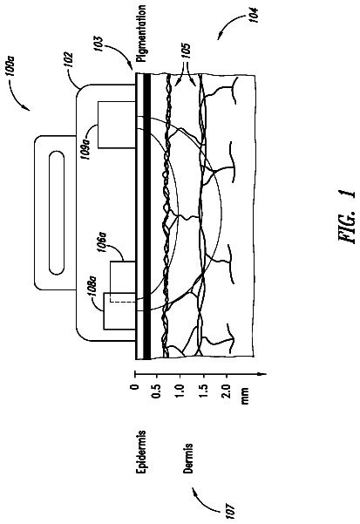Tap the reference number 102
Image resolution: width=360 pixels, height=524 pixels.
pos(70,59)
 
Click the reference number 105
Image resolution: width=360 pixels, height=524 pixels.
pos(187,51)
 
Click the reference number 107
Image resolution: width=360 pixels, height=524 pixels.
pos(231,511)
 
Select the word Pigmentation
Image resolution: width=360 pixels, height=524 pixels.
pos(141,33)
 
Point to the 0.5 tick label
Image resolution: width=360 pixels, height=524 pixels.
pos(159,390)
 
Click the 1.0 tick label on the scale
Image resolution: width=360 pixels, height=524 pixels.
pos(180,390)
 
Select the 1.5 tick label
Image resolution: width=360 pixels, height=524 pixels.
pos(204,390)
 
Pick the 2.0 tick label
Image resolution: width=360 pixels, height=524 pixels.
pos(227,390)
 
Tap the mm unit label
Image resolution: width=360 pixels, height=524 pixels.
pos(245,396)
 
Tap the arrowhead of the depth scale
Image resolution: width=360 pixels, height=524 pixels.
pos(263,374)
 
